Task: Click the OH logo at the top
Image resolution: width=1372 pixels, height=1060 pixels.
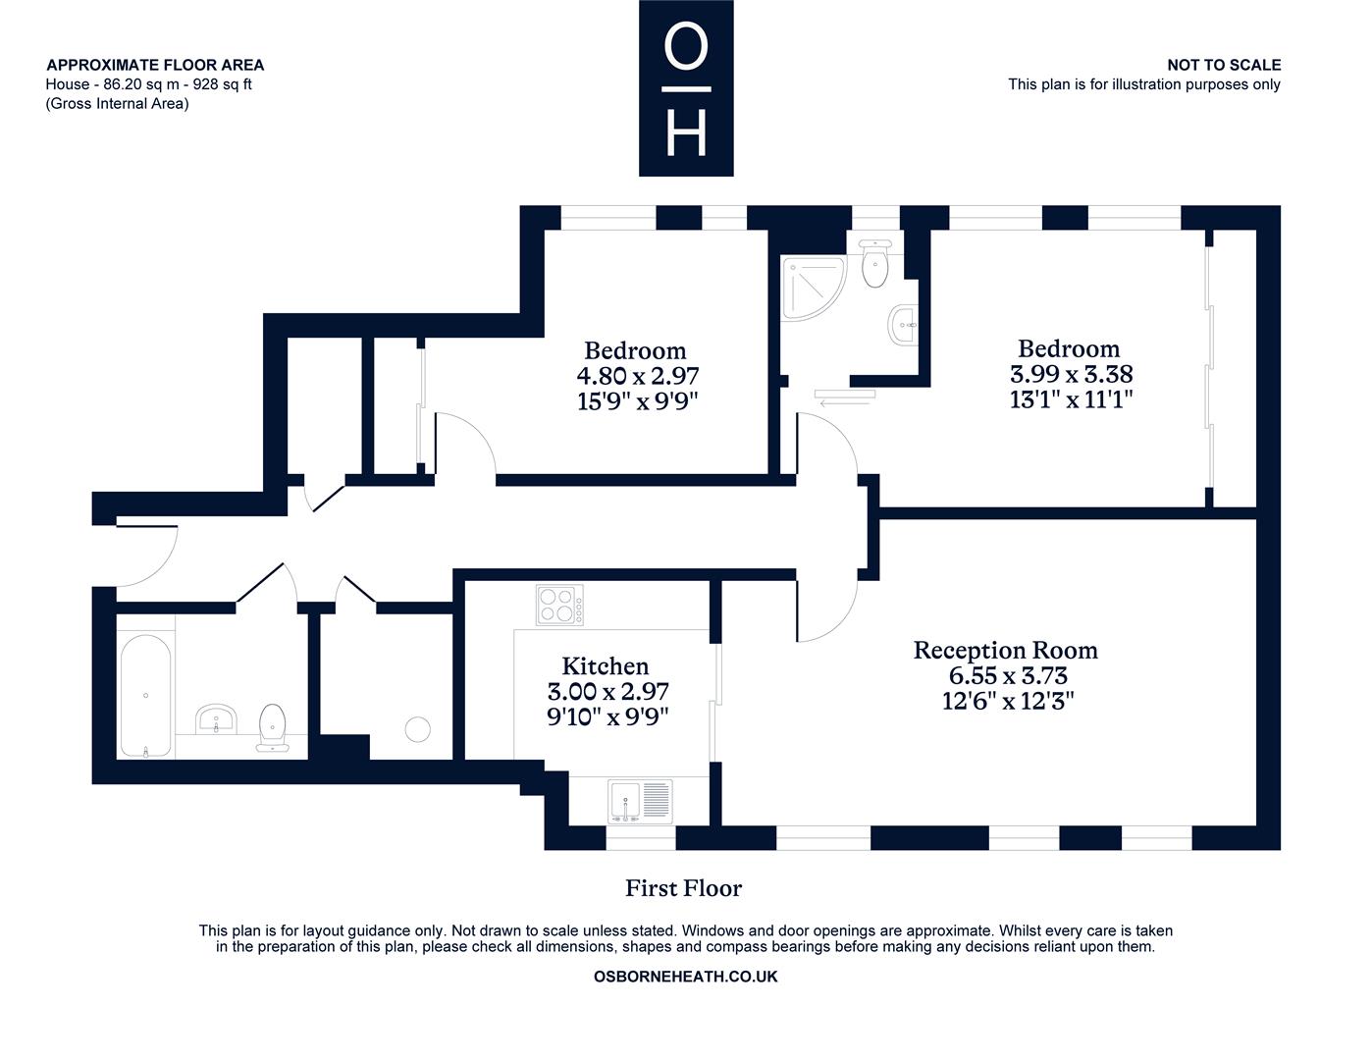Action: [x=686, y=87]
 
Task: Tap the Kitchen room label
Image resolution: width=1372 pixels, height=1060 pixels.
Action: [x=605, y=666]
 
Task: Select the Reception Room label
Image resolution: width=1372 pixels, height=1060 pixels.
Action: [x=1005, y=651]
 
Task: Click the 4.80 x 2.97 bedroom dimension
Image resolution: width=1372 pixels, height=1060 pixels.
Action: [x=637, y=376]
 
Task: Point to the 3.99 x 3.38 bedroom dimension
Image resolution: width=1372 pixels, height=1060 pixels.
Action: [x=1071, y=374]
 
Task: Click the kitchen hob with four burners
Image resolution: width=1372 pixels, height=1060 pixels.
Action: [x=559, y=605]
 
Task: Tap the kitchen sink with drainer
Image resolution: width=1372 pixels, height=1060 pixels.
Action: [x=640, y=801]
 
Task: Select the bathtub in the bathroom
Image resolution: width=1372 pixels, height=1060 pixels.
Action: [x=146, y=695]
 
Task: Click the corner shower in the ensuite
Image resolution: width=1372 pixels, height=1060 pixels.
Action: [x=814, y=289]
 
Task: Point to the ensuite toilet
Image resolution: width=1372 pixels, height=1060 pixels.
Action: [x=875, y=263]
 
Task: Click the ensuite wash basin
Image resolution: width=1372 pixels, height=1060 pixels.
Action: [x=903, y=325]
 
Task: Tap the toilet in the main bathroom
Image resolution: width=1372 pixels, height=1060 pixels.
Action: [x=273, y=728]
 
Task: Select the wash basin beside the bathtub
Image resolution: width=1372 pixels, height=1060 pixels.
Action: [x=216, y=718]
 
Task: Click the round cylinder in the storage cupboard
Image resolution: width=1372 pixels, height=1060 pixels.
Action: [x=417, y=729]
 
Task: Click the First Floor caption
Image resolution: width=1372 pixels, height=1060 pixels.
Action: [x=683, y=888]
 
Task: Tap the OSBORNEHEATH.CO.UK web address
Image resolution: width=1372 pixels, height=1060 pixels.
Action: [x=685, y=977]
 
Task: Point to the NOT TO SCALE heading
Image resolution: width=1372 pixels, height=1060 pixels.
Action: [x=1224, y=65]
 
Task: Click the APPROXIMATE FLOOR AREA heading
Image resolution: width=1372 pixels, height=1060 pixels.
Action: [x=155, y=65]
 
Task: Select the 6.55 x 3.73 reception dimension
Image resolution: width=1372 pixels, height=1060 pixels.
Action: [x=1008, y=675]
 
